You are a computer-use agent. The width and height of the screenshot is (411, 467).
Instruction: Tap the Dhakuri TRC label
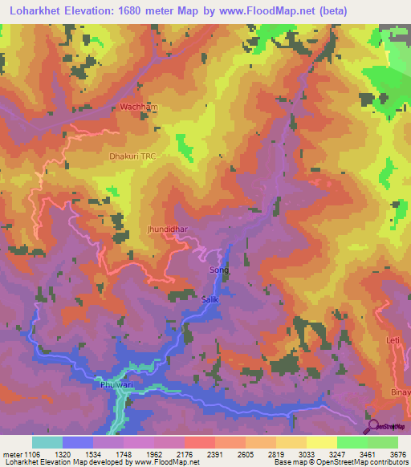click(x=132, y=156)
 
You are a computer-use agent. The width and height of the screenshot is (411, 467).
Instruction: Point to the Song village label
click(x=218, y=270)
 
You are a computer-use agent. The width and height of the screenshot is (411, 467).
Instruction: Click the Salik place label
click(x=210, y=299)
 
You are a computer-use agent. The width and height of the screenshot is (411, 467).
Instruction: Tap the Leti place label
click(x=393, y=341)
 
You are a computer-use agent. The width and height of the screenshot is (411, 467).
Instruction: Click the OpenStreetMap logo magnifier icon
click(x=372, y=425)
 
